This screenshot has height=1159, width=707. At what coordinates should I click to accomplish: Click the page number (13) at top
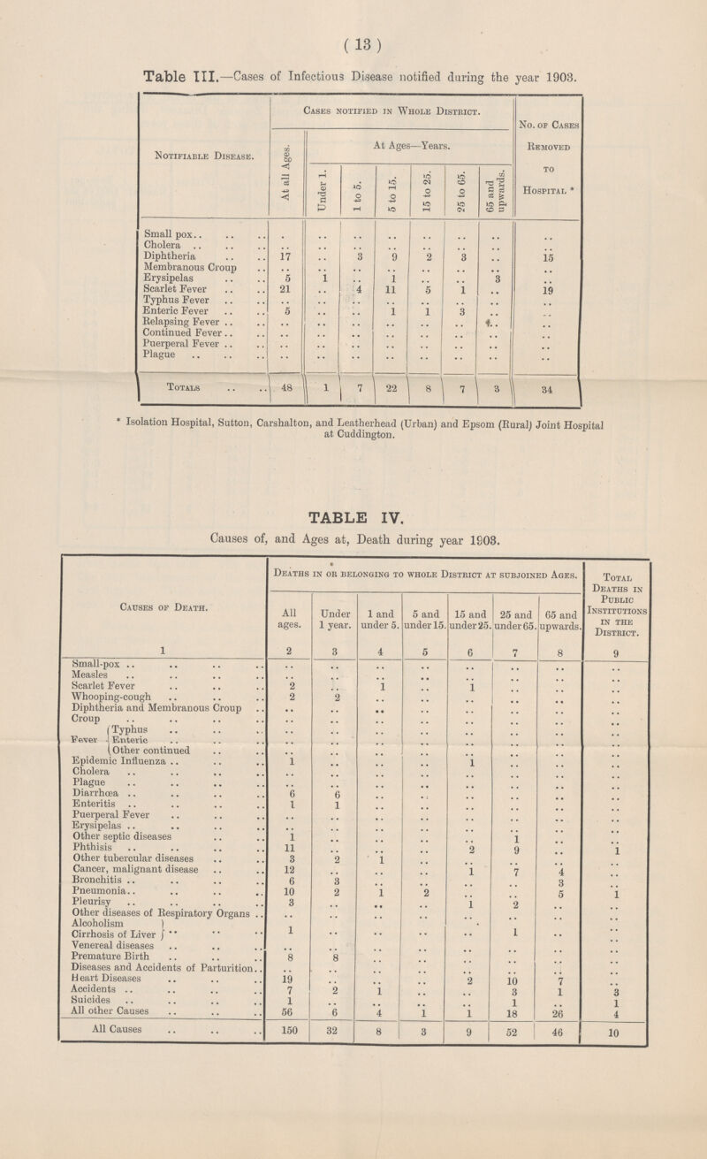(x=353, y=18)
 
